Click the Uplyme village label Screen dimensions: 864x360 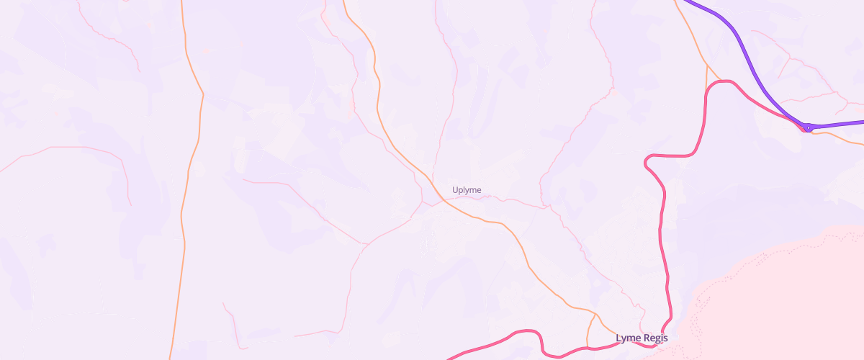pos(467,190)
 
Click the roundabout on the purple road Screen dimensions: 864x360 pos(809,127)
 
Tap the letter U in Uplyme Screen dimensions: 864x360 pos(455,190)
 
